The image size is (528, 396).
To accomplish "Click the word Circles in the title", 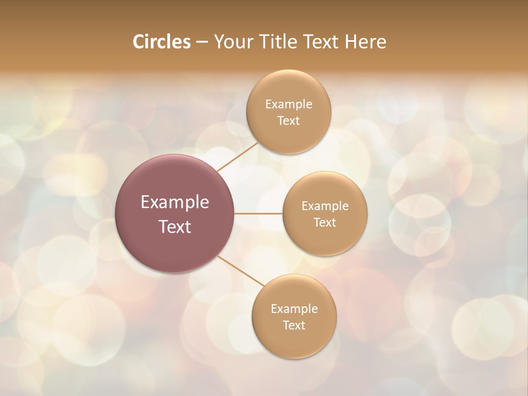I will pyautogui.click(x=161, y=42).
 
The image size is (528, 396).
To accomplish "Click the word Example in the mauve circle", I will pyautogui.click(x=175, y=202).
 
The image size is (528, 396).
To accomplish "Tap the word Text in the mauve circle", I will pyautogui.click(x=175, y=227).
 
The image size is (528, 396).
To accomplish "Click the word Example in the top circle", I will pyautogui.click(x=288, y=105).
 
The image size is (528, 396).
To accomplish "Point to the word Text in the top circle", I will pyautogui.click(x=288, y=121).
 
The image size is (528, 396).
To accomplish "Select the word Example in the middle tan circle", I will pyautogui.click(x=324, y=206).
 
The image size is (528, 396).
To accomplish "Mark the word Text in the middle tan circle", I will pyautogui.click(x=324, y=223).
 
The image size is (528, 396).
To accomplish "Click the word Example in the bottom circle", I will pyautogui.click(x=294, y=309).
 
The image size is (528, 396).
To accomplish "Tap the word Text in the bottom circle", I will pyautogui.click(x=294, y=326).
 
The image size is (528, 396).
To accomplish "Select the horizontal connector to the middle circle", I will pyautogui.click(x=258, y=213).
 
